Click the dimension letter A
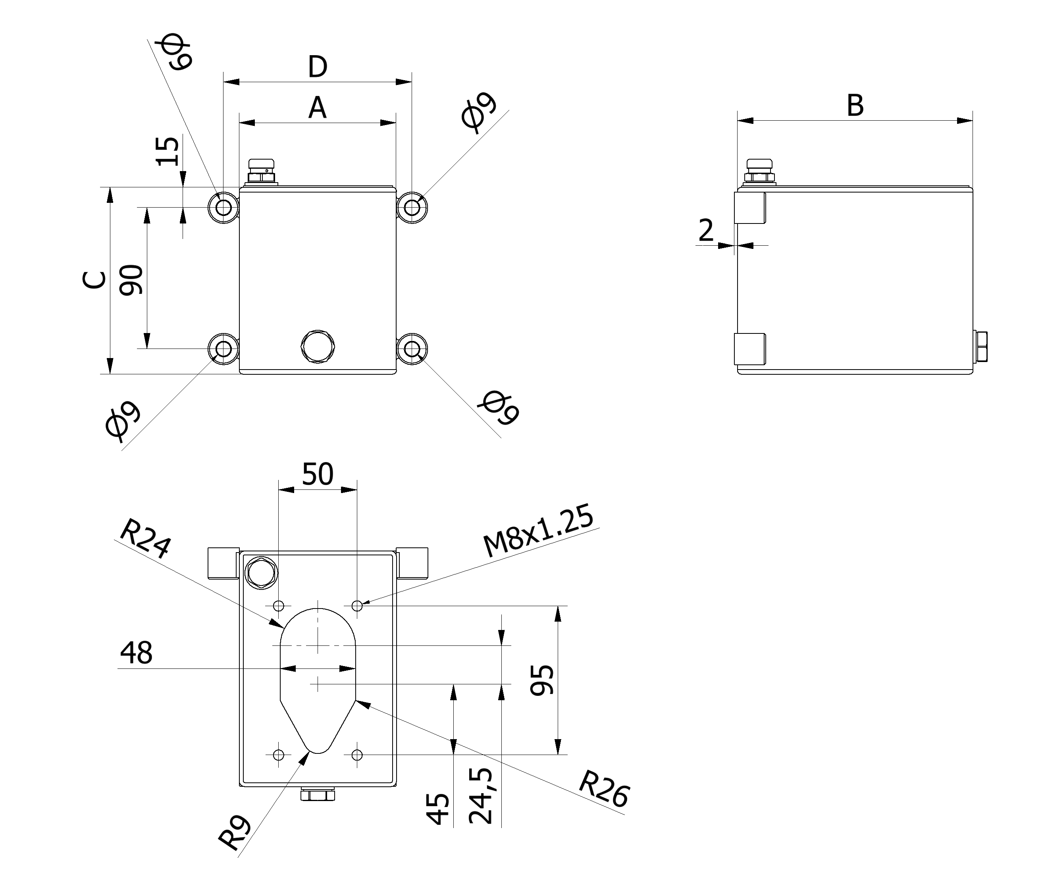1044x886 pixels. (x=317, y=108)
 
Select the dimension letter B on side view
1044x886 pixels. (x=855, y=106)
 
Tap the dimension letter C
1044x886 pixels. (x=94, y=280)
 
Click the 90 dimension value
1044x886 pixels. (x=131, y=280)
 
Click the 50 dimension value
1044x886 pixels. (x=317, y=474)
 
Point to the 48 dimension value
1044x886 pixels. (x=136, y=653)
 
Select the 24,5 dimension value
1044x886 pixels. (x=481, y=795)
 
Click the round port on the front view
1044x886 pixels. (x=317, y=346)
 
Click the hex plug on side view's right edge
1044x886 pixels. (x=980, y=347)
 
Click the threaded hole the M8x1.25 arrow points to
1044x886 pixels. (x=357, y=606)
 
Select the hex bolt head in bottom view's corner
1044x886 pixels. (x=261, y=572)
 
